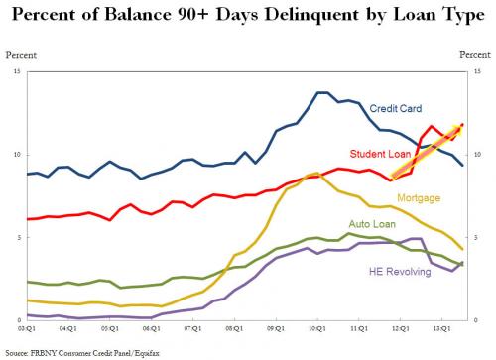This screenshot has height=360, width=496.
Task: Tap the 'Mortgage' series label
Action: coord(419,198)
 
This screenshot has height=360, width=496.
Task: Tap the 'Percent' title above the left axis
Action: coord(22,52)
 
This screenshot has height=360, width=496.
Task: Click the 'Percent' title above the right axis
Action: coord(473,52)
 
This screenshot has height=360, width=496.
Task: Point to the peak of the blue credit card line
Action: coord(322,92)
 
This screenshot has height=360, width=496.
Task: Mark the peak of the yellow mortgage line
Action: coord(313,173)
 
